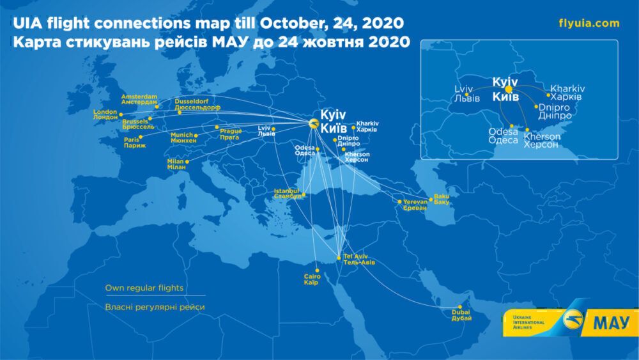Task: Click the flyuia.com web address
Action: point(589,24)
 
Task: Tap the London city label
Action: point(105,115)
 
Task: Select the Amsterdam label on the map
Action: point(139,100)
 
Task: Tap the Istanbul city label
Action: point(287,194)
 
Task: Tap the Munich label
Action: point(181,138)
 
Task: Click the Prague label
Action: point(231,134)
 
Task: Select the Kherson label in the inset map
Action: point(542,141)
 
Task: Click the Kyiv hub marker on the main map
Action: point(312,124)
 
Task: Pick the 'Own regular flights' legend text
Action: point(144,288)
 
